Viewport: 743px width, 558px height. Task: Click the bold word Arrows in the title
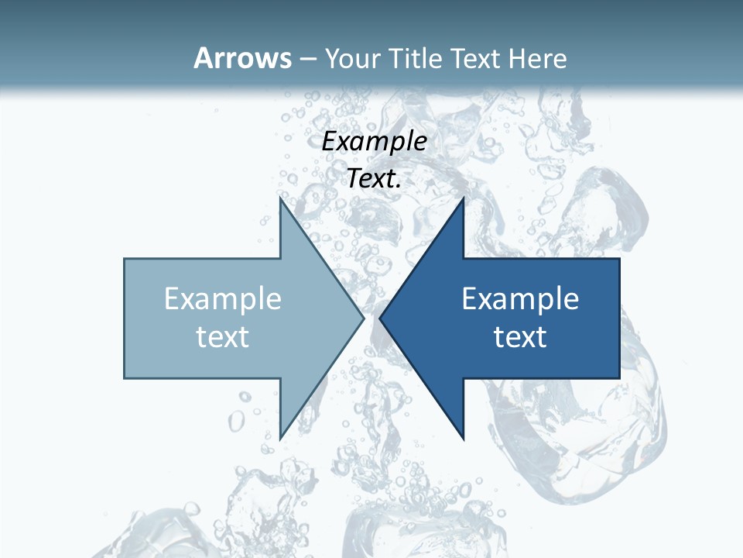242,58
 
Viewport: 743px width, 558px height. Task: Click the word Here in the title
538,59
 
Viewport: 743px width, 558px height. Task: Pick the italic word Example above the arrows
375,141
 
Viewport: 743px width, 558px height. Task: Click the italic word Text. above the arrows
375,178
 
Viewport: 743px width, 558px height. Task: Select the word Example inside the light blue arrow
223,299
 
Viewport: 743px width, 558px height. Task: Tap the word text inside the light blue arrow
223,336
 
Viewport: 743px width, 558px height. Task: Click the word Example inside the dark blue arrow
520,299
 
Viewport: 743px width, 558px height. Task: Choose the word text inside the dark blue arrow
520,336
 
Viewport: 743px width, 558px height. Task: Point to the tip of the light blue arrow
364,318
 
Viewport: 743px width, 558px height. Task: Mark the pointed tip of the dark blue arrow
380,318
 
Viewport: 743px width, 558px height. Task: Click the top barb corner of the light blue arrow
280,198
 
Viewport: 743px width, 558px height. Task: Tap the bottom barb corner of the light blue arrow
280,439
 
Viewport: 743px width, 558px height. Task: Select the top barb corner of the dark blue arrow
463,198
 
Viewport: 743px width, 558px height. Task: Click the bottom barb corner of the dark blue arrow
463,439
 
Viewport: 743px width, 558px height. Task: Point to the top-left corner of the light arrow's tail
125,259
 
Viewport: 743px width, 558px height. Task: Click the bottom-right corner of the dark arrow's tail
619,378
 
